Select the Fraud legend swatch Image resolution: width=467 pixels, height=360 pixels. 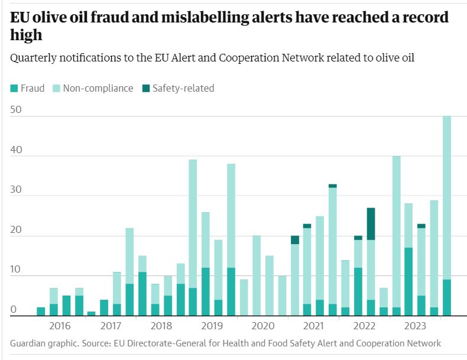point(14,89)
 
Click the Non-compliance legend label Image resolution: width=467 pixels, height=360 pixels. point(98,89)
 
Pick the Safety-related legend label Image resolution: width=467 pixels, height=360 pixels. point(183,89)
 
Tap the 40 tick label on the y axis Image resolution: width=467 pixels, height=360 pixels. point(17,150)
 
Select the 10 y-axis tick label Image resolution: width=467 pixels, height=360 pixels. point(17,270)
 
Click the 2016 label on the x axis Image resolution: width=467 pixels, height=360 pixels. point(60,326)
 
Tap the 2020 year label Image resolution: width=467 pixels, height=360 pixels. point(263,326)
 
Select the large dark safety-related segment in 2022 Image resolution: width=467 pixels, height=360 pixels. point(371,223)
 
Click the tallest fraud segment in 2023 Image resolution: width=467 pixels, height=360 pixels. point(408,281)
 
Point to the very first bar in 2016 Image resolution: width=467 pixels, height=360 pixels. point(41,312)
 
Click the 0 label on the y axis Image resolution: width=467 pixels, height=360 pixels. point(14,310)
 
